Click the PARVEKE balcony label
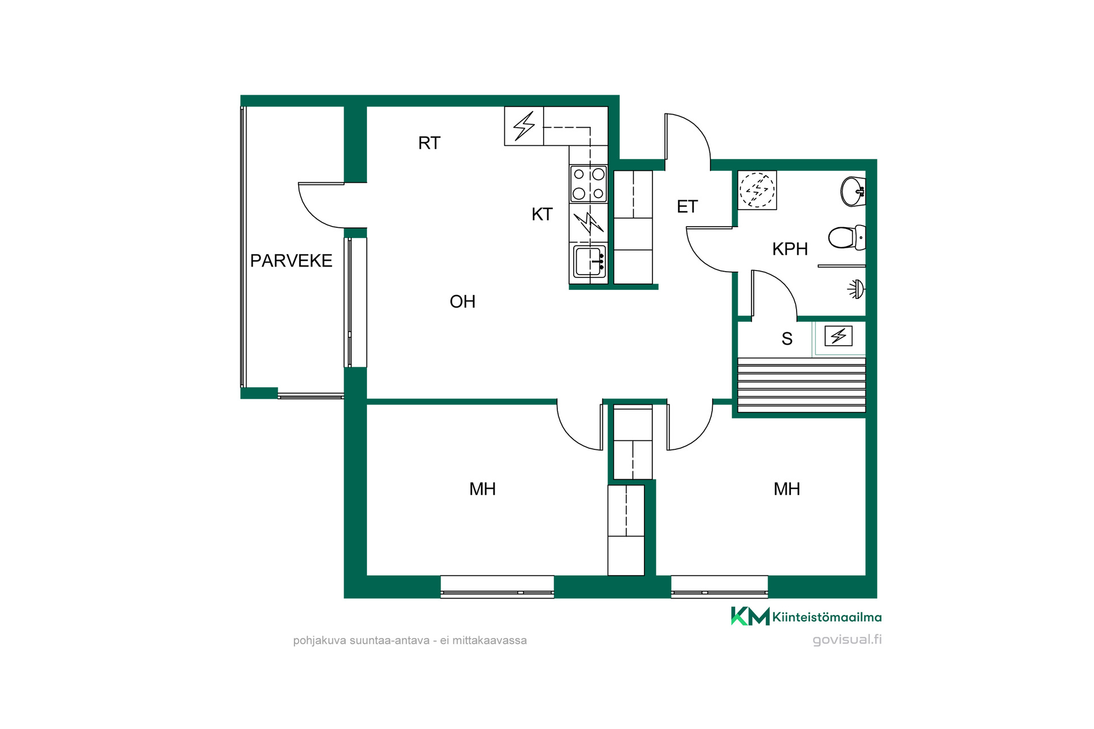pos(291,261)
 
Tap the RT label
pos(429,143)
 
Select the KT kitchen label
pos(542,214)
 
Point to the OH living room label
pos(462,301)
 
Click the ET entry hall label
pos(687,207)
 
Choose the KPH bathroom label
pos(790,249)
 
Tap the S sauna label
pos(787,339)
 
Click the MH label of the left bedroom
pos(482,489)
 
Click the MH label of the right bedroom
pos(786,489)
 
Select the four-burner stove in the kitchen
pos(589,183)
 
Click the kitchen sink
pos(589,262)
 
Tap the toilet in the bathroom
pos(847,237)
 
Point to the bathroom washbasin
pos(853,191)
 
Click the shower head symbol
pos(856,289)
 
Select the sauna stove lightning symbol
pos(838,336)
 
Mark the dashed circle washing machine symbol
pos(757,190)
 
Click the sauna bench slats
pos(802,384)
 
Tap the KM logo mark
pos(750,616)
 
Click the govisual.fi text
pos(847,640)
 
